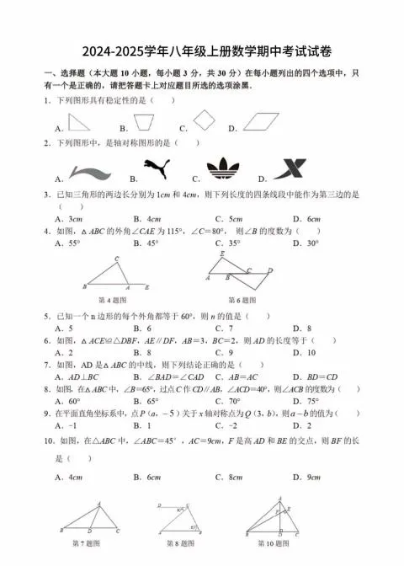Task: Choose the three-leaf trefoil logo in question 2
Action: click(x=221, y=168)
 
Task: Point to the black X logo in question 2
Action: click(x=289, y=170)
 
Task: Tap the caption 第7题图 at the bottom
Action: click(x=88, y=543)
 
